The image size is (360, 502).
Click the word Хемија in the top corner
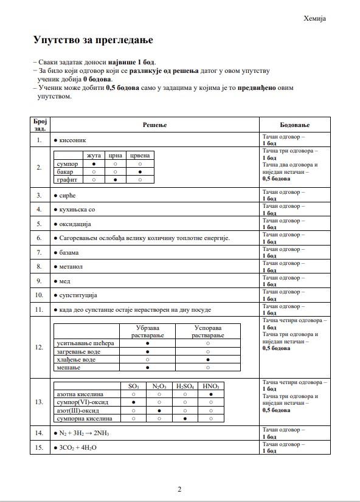point(315,18)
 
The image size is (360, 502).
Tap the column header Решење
point(154,125)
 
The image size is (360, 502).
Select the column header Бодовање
point(294,125)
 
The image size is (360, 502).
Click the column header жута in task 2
point(94,156)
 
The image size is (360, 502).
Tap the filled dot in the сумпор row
point(94,164)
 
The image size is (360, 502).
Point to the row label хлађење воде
point(76,360)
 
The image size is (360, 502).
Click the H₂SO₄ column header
point(185,386)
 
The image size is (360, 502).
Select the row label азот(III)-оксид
point(80,410)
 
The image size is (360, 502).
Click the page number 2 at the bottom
point(180,489)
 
